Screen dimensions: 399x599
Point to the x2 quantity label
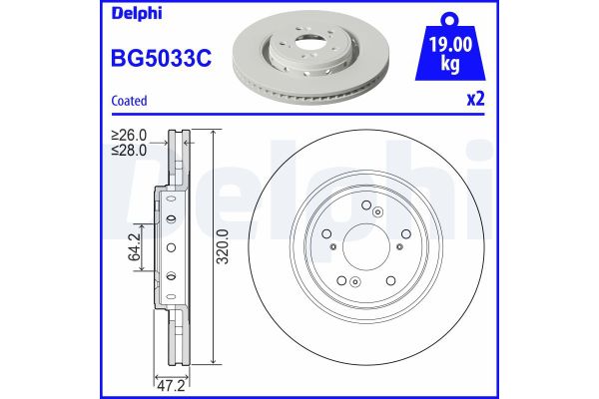pos(475,101)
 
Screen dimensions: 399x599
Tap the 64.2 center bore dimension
pos(133,247)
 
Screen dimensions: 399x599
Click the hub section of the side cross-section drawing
pos(169,246)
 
